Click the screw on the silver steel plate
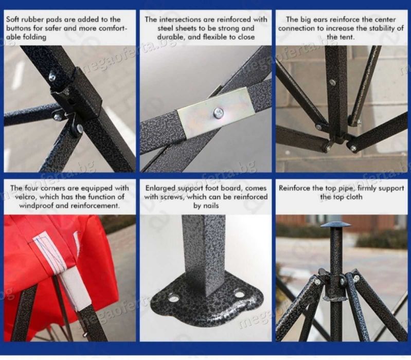point(218,113)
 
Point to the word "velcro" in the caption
point(25,197)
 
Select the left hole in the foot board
point(174,298)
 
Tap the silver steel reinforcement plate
point(216,113)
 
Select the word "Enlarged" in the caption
point(160,188)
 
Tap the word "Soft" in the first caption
point(12,20)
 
